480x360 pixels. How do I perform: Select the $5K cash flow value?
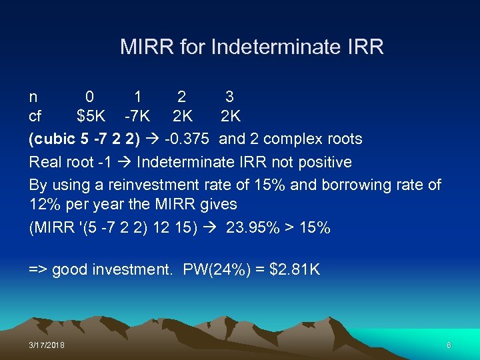[x=91, y=117]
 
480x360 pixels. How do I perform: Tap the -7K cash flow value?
[x=137, y=117]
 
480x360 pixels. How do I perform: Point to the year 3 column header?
[x=229, y=96]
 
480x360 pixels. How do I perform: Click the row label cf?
[x=35, y=117]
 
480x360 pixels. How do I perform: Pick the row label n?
[x=33, y=97]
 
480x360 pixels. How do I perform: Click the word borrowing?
[x=363, y=185]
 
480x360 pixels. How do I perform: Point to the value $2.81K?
[x=295, y=270]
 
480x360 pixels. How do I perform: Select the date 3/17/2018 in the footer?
[x=47, y=344]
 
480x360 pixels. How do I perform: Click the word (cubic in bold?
[x=51, y=139]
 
